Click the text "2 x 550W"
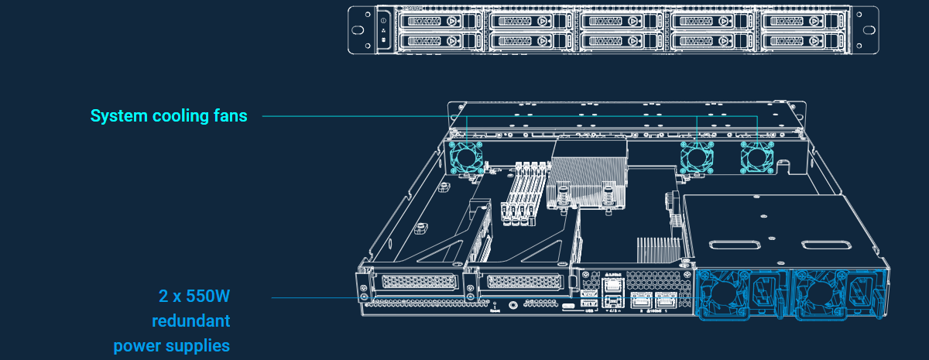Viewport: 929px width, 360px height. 194,296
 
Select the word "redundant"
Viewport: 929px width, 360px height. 190,321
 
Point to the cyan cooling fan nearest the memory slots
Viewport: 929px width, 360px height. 466,157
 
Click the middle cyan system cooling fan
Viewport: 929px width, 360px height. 696,157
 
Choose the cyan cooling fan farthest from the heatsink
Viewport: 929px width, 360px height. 756,157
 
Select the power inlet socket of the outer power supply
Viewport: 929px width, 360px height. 860,292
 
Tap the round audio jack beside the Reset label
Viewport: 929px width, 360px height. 513,306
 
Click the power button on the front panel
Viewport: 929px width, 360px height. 385,19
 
